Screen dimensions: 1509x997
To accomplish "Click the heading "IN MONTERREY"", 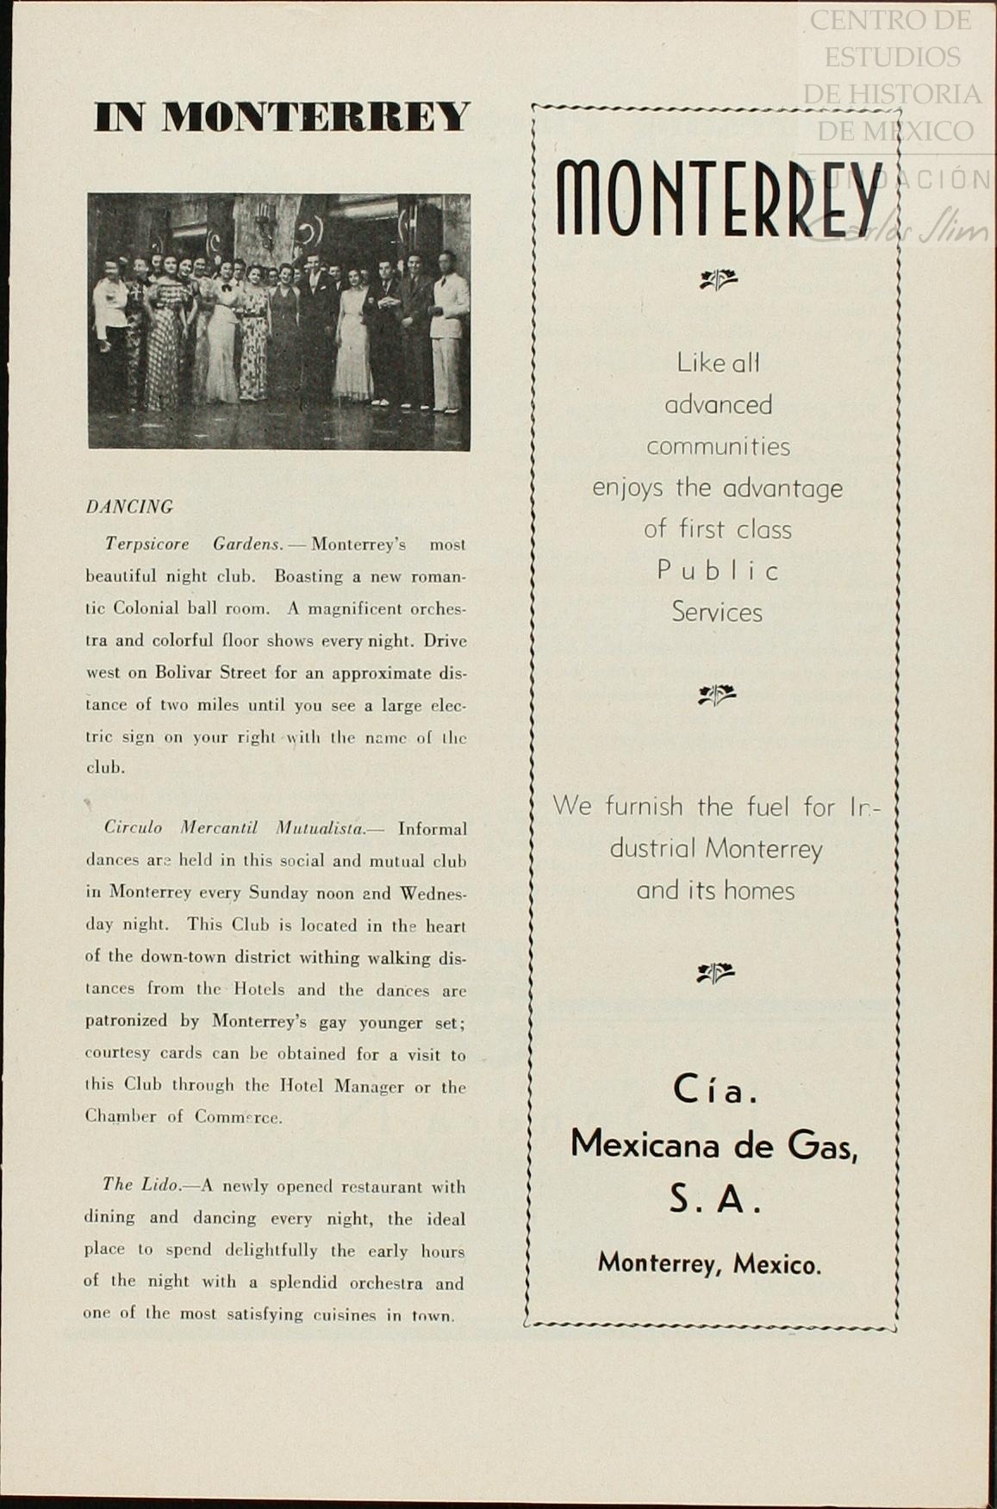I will [x=282, y=117].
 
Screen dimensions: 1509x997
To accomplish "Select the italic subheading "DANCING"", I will [x=129, y=507].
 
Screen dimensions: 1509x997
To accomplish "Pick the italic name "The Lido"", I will [x=140, y=1185].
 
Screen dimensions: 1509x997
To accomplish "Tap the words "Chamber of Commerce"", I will [x=184, y=1117].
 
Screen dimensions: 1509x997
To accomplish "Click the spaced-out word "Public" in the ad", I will [x=718, y=571].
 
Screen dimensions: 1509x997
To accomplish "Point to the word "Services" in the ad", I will [x=717, y=613].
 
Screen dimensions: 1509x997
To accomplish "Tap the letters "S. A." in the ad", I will [x=715, y=1200].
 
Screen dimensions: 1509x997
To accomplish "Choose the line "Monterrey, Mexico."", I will [x=709, y=1264].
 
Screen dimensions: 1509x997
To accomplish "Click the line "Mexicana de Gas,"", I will [x=713, y=1144].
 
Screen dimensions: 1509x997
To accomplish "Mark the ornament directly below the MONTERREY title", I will [x=718, y=278].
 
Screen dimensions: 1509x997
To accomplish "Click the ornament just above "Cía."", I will [x=715, y=973].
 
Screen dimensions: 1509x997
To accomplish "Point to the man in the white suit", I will [x=448, y=332].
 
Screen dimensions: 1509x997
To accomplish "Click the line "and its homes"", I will [x=715, y=890].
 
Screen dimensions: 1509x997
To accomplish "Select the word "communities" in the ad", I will [x=718, y=446].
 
